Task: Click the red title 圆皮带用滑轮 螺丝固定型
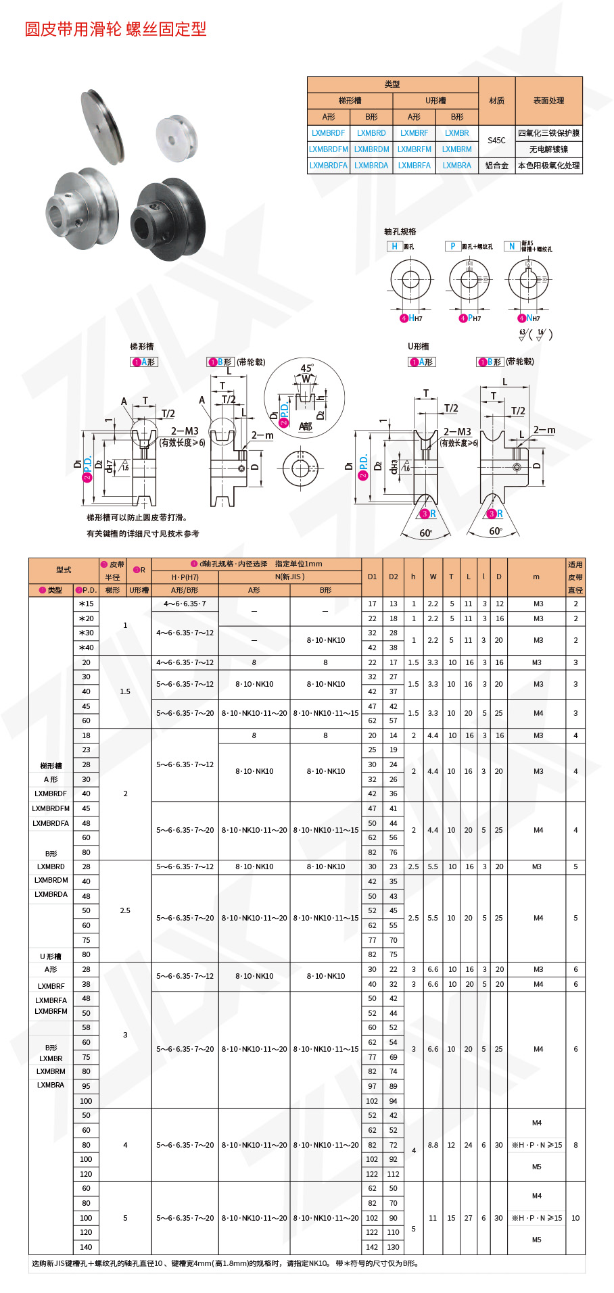tap(116, 29)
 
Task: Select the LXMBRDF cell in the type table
tap(328, 133)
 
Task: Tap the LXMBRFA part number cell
tap(414, 166)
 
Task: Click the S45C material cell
tap(496, 141)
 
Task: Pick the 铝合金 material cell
tap(496, 166)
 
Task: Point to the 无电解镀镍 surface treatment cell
tap(548, 149)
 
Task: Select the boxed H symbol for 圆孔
tap(394, 247)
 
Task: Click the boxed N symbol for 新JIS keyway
tap(512, 247)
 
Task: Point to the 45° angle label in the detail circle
tap(307, 368)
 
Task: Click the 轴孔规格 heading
tap(400, 232)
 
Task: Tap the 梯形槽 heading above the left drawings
tap(142, 347)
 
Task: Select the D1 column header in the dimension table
tap(372, 577)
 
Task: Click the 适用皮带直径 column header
tap(575, 577)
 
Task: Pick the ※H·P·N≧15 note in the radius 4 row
tap(536, 1145)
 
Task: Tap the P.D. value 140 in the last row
tap(86, 1247)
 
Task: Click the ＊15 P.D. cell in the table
tap(86, 604)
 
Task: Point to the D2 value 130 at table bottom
tap(393, 1247)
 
